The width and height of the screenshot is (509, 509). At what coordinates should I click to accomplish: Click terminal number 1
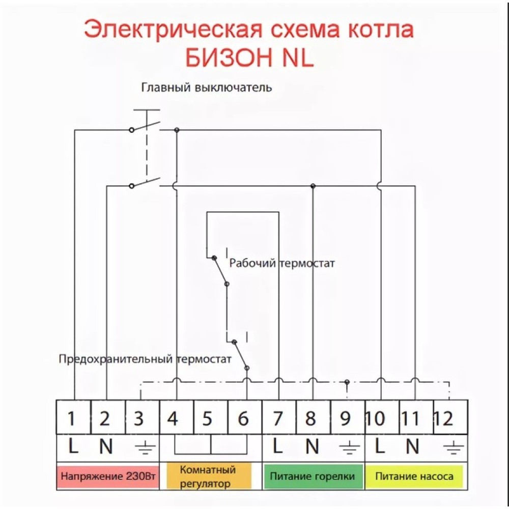tap(72, 418)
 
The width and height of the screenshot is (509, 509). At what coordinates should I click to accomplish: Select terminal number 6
tap(243, 418)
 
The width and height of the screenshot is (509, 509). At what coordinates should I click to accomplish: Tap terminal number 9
tap(346, 418)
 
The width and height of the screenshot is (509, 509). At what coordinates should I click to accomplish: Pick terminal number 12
tap(444, 418)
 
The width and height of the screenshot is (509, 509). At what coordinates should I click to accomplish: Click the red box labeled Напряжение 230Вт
tap(107, 477)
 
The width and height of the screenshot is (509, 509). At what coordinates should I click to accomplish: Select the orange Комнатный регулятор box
tap(208, 476)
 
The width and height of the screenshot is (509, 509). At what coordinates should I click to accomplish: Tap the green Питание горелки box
tap(313, 477)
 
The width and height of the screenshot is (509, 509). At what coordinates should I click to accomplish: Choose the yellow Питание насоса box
tap(414, 477)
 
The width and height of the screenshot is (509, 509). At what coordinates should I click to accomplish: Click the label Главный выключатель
tap(206, 87)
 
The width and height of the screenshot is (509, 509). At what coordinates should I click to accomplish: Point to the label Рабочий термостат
tap(282, 263)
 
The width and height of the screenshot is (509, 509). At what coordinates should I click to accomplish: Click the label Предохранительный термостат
tap(145, 359)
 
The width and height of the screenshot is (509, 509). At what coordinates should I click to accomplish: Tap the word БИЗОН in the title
tap(230, 59)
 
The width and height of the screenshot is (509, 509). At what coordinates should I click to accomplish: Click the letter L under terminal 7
tap(277, 446)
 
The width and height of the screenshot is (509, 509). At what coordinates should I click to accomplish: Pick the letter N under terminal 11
tap(412, 446)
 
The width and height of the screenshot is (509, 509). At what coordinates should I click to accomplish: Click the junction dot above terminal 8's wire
tap(313, 186)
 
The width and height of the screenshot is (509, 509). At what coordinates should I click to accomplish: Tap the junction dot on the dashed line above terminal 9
tap(347, 382)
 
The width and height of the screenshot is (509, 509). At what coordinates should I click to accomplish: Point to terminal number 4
tap(173, 418)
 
